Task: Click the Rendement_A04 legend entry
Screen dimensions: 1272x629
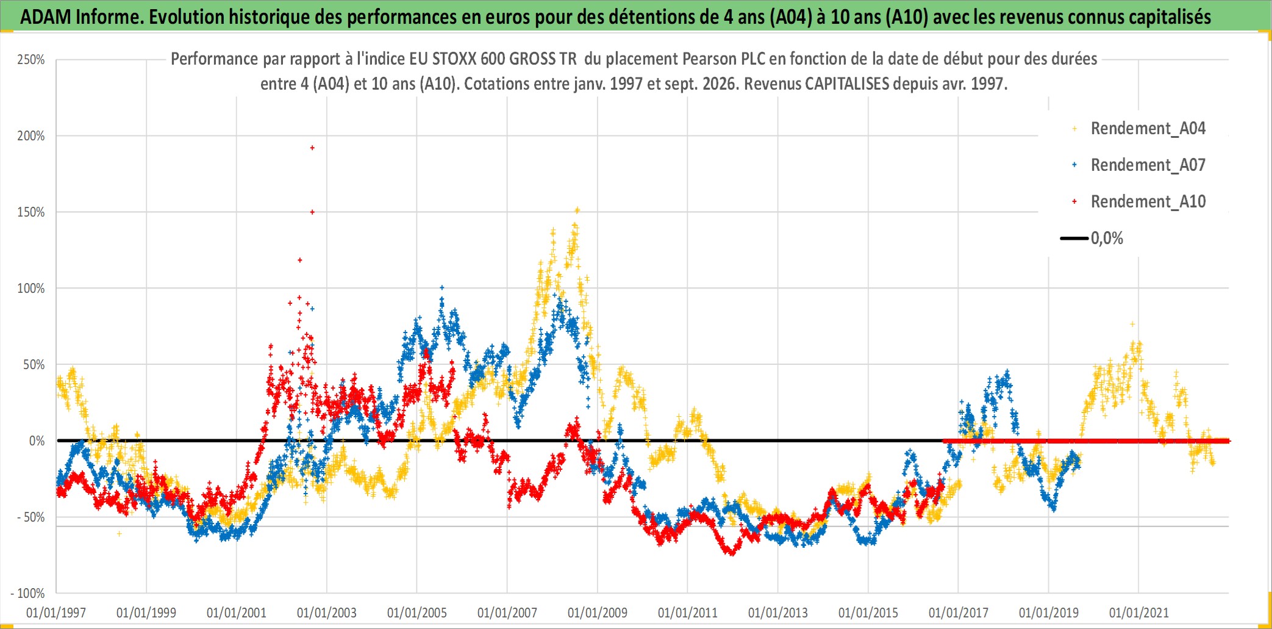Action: [x=1139, y=128]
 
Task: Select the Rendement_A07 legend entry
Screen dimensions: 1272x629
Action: [x=1139, y=165]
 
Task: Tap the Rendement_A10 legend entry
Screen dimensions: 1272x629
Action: [x=1139, y=201]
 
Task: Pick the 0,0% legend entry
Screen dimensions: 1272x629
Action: [x=1092, y=238]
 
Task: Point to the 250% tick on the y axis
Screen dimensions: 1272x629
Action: [x=31, y=60]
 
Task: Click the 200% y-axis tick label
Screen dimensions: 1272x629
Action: [x=31, y=136]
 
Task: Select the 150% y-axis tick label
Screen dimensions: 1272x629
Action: [x=31, y=212]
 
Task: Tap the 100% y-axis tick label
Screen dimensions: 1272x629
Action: [x=31, y=289]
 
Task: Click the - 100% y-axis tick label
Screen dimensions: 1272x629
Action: [x=28, y=593]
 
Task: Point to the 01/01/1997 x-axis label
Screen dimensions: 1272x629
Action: [x=56, y=613]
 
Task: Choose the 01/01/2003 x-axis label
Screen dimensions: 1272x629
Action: [x=327, y=613]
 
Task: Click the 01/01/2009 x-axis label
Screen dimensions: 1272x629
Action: [x=598, y=613]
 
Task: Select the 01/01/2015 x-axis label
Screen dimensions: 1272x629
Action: [x=868, y=613]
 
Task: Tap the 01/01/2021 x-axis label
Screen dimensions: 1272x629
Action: [x=1139, y=613]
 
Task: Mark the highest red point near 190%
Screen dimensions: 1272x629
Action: [x=312, y=148]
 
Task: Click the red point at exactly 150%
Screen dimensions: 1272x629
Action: [x=312, y=212]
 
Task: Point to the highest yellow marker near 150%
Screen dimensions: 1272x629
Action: [x=577, y=210]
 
